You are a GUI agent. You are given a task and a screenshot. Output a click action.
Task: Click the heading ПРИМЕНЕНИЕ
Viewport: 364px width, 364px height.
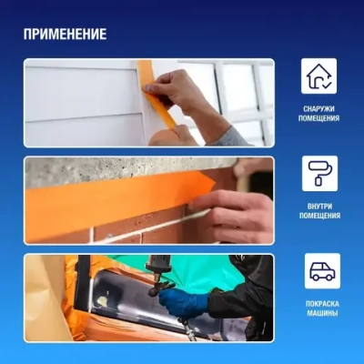click(66, 35)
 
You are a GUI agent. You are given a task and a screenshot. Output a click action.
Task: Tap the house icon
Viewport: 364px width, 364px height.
click(319, 76)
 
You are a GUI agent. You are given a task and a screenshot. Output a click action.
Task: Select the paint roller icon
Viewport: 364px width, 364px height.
click(319, 173)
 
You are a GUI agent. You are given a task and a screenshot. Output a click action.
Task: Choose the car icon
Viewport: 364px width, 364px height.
click(319, 270)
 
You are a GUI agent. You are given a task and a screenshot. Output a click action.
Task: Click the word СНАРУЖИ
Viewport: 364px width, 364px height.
click(319, 108)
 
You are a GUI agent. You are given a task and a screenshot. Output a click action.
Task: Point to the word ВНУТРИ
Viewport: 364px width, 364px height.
click(319, 206)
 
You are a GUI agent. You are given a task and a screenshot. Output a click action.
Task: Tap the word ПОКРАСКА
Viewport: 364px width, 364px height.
click(319, 303)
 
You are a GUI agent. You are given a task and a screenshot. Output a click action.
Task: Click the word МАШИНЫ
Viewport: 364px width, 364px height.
click(319, 313)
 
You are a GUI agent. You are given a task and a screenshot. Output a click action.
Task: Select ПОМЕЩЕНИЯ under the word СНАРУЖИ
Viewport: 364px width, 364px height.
click(319, 119)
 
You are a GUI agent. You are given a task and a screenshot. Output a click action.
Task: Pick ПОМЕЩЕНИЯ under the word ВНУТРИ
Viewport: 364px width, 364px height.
click(319, 217)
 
